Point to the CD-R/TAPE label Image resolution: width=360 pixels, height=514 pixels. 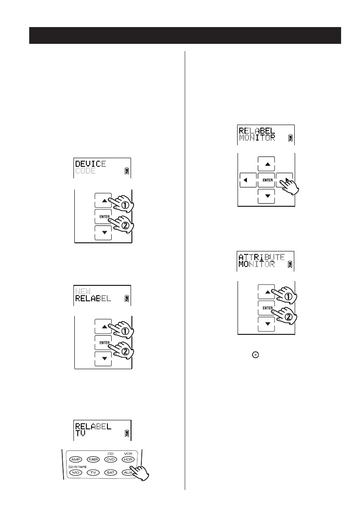click(x=77, y=466)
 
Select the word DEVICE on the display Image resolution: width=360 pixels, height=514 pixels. click(x=91, y=164)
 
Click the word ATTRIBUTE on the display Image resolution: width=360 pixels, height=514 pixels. click(x=262, y=257)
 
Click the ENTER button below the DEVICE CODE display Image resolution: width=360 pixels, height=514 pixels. click(x=103, y=216)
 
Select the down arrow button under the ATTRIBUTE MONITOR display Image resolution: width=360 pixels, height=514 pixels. click(x=266, y=324)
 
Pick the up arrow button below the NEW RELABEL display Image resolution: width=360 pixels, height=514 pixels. click(x=103, y=326)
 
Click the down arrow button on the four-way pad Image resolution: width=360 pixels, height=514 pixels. click(x=266, y=196)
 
